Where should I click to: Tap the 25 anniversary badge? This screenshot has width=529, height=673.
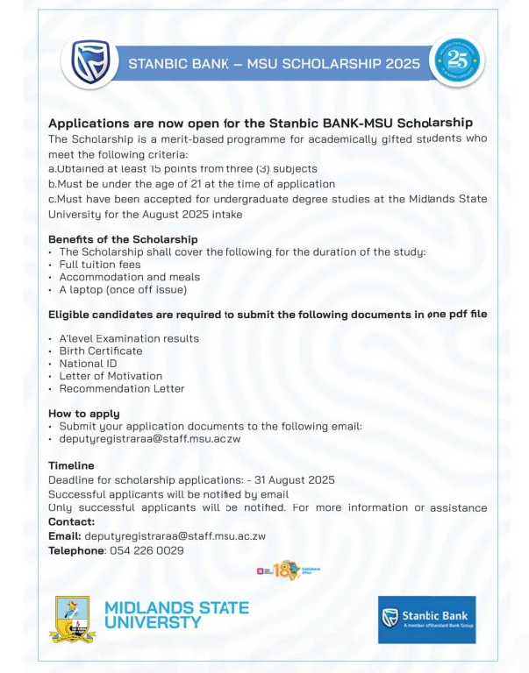coord(457,60)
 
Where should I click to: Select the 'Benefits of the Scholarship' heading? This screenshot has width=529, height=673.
coord(123,239)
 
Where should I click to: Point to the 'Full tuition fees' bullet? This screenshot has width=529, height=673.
coord(100,265)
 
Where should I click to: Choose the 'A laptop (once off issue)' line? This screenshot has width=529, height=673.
coord(123,289)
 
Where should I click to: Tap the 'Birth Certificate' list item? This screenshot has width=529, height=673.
coord(101,351)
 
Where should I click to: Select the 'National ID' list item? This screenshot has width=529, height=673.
coord(89,363)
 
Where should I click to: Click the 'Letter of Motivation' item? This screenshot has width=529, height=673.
coord(111,376)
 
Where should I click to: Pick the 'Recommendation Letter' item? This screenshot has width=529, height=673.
coord(122,388)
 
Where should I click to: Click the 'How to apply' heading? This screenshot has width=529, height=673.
coord(84,414)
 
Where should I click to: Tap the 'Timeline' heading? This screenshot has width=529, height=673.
coord(71,466)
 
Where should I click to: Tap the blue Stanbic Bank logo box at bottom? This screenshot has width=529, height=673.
coord(426,619)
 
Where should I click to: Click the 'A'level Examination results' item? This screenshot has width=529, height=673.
coord(129,338)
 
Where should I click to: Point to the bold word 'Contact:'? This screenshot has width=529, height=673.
coord(72,521)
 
